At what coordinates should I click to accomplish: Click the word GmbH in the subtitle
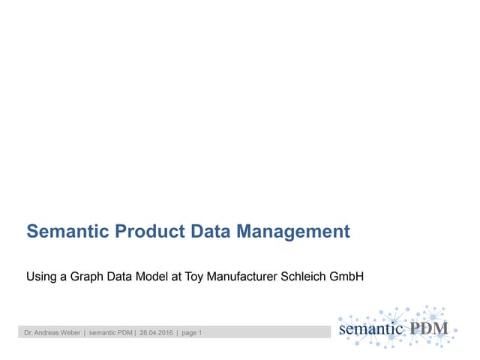[347, 277]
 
